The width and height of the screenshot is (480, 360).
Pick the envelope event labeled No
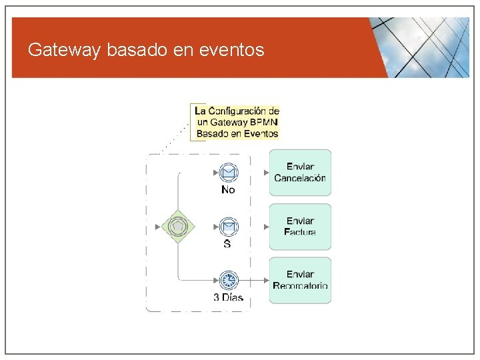tap(228, 173)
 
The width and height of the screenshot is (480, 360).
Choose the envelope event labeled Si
tap(228, 227)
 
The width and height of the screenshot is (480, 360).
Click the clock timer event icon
tap(228, 280)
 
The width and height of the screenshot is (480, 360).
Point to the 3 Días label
tap(228, 297)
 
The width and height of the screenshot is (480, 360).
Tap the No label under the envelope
tap(228, 190)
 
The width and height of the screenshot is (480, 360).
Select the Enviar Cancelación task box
tap(300, 172)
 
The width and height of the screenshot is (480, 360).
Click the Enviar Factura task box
tap(300, 227)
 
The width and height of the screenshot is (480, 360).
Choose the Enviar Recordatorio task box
tap(300, 280)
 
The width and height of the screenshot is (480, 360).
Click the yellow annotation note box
tap(236, 122)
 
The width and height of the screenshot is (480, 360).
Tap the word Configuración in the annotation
tap(240, 111)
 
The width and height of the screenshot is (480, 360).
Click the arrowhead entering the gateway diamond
tap(158, 227)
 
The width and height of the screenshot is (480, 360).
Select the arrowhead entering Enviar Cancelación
tap(267, 173)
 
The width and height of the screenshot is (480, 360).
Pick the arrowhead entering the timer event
tap(215, 280)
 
